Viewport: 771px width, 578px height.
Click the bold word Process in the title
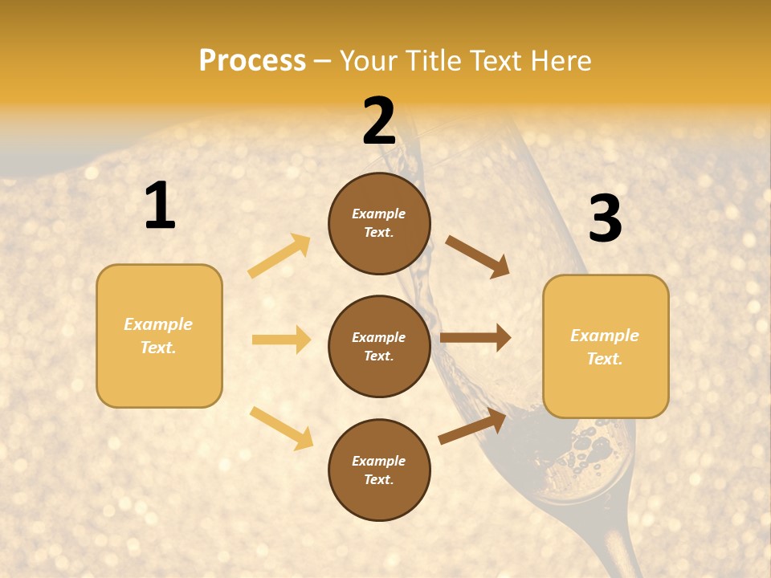coord(252,61)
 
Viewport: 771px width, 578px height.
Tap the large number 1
coord(160,206)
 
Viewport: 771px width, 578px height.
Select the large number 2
coord(379,121)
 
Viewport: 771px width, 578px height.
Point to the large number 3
coord(605,218)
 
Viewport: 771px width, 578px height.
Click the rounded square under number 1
coord(159,336)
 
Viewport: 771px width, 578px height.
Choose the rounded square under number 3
coord(606,347)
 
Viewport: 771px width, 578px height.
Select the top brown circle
coord(379,223)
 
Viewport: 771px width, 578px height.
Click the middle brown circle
coord(379,347)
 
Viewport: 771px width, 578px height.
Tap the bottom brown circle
coord(379,470)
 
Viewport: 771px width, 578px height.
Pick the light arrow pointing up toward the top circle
coord(279,256)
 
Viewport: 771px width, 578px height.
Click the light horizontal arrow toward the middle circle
coord(281,340)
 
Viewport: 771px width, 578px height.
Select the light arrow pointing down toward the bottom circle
coord(281,427)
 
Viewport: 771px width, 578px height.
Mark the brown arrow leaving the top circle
coord(477,257)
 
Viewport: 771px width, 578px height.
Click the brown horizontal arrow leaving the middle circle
coord(475,338)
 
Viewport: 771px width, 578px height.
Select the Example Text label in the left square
coord(158,336)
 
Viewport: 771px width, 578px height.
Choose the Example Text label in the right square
coord(605,347)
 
